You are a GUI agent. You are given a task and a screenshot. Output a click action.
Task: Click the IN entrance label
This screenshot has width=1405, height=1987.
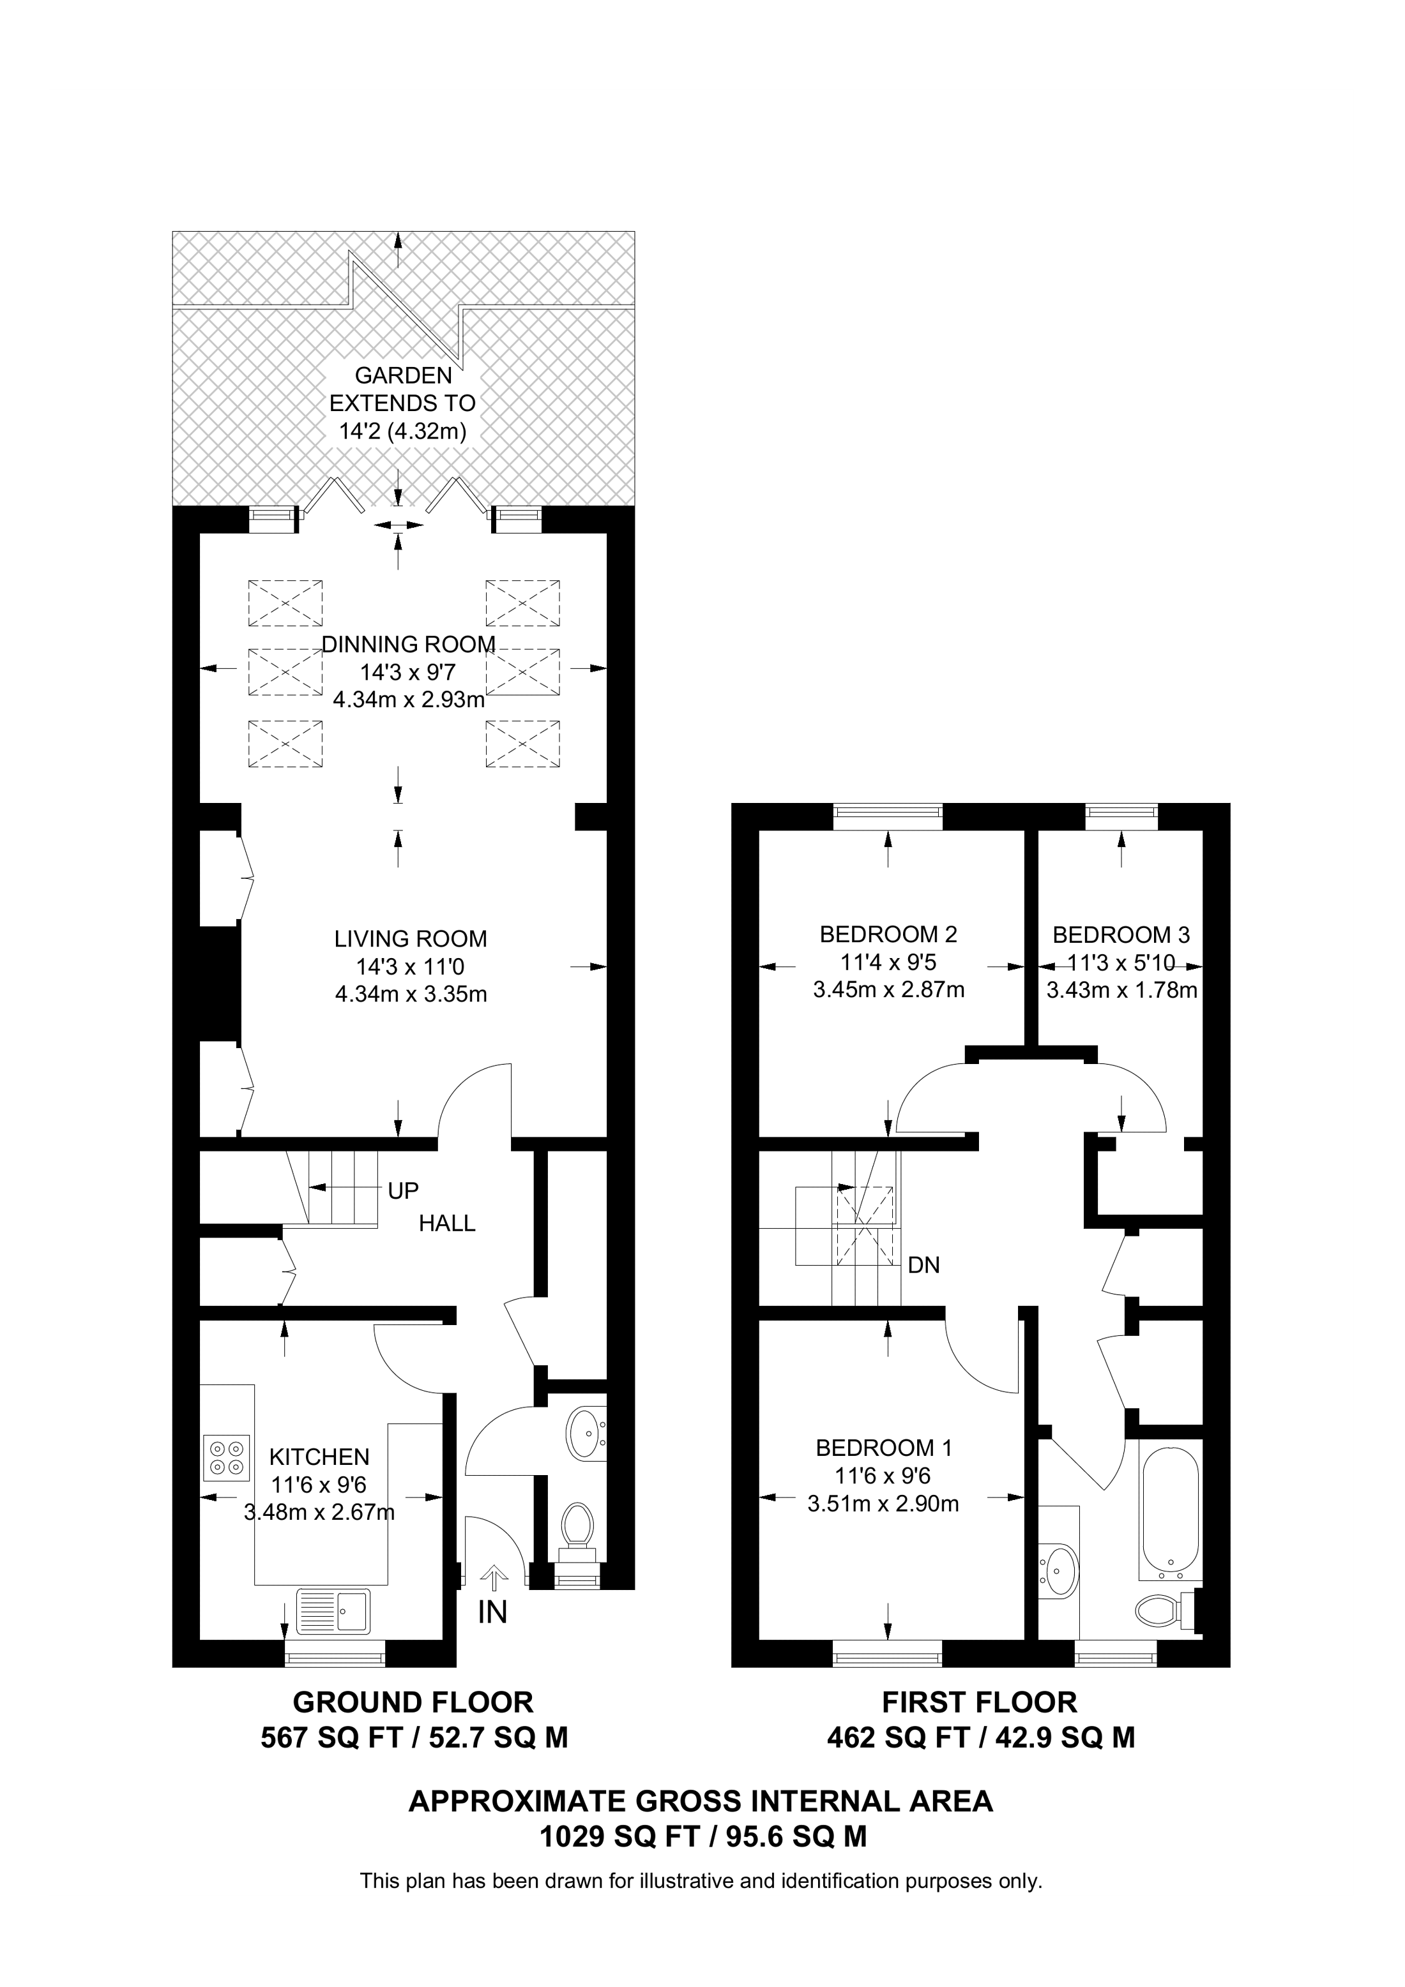click(492, 1612)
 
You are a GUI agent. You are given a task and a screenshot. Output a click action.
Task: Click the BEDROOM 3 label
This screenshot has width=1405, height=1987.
click(1121, 934)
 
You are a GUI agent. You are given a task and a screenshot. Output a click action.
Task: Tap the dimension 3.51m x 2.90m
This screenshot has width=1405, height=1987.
click(883, 1504)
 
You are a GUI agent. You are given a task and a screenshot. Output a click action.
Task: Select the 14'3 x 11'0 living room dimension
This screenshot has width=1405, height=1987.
click(411, 966)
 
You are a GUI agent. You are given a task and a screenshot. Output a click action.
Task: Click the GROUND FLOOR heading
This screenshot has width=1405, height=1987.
click(413, 1702)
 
